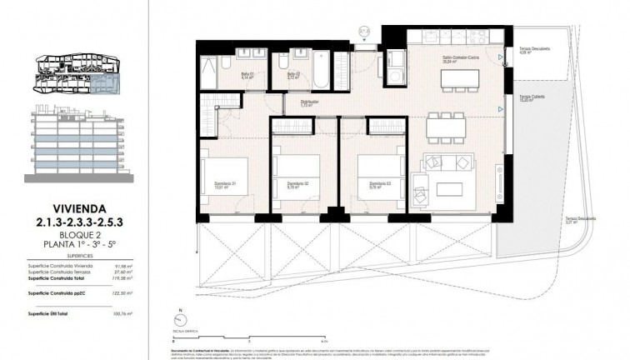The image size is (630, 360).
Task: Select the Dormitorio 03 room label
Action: (368, 184)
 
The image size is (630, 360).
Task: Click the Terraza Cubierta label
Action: (532, 97)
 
